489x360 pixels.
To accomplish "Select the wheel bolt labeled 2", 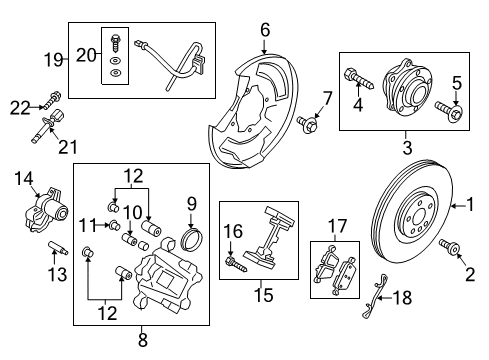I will pyautogui.click(x=448, y=248).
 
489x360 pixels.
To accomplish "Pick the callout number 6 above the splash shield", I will pyautogui.click(x=264, y=31).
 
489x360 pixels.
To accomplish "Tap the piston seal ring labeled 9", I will pyautogui.click(x=190, y=241).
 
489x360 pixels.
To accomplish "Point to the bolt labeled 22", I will pyautogui.click(x=51, y=98).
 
